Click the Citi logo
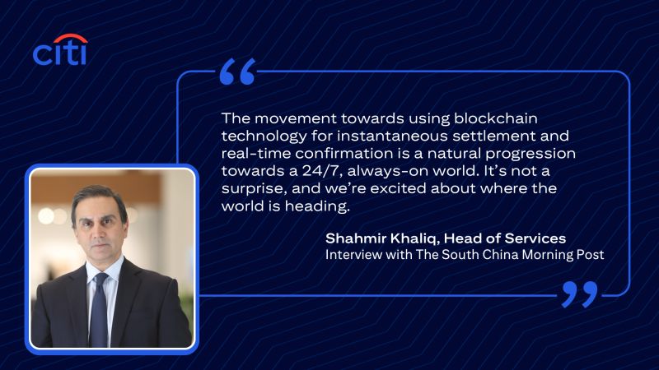click(x=60, y=49)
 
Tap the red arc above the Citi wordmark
click(x=71, y=38)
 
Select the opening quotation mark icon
click(x=238, y=72)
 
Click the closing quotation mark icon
click(x=580, y=294)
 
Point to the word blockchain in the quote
click(x=496, y=118)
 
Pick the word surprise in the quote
click(x=254, y=189)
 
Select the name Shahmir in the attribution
click(x=356, y=238)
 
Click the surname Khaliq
click(x=415, y=238)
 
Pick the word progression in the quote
click(x=530, y=154)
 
